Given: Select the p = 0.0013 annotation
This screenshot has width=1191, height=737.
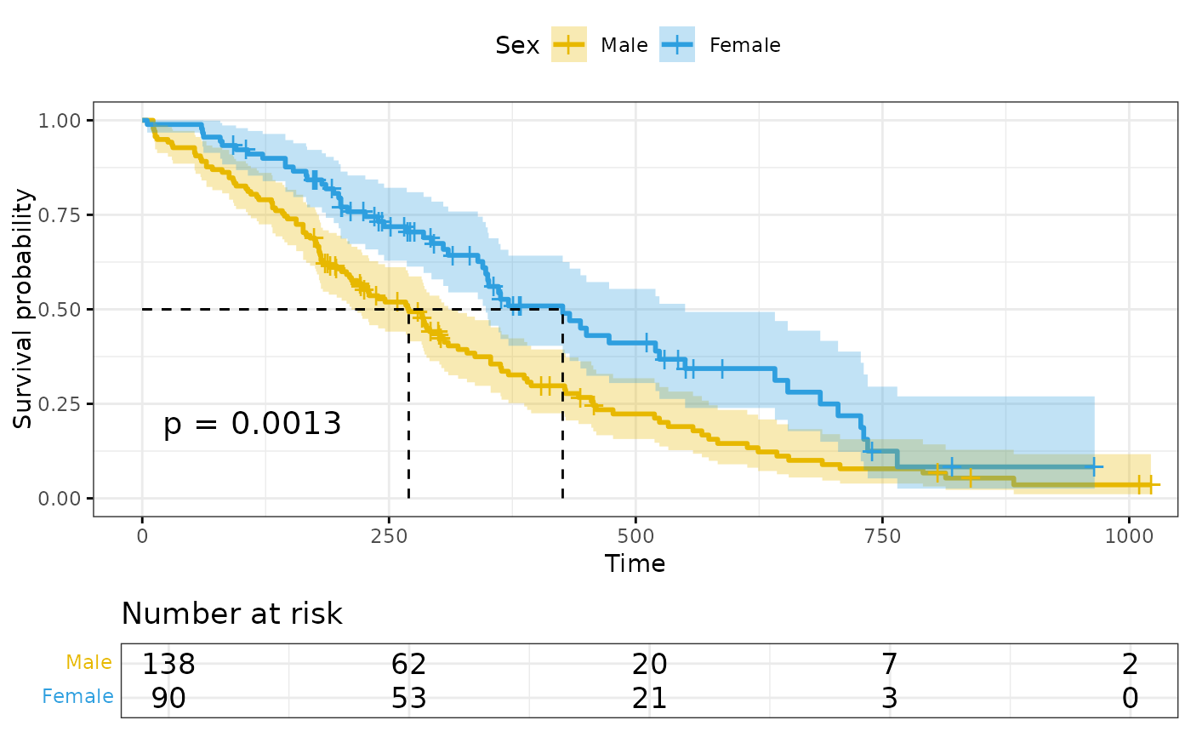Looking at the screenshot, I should (252, 423).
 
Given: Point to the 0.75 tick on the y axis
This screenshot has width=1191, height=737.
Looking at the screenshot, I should (62, 214).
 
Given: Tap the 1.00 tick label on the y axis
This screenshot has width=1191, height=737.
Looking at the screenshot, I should (62, 120).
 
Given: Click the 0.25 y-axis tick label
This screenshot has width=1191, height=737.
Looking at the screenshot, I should (62, 403).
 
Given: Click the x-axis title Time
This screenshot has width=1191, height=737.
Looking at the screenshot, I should (635, 563).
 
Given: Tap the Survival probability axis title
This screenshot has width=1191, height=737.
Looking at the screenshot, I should (24, 309).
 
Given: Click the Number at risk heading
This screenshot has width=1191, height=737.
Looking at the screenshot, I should (231, 614).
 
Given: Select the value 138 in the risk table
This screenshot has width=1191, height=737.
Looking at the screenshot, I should (168, 664).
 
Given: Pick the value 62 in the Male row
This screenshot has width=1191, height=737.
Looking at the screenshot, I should (408, 664).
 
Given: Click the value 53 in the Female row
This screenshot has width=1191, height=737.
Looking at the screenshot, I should (408, 698).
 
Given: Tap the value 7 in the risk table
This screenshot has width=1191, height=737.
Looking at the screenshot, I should (889, 664).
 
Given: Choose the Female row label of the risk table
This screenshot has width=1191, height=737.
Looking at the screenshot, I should (77, 697).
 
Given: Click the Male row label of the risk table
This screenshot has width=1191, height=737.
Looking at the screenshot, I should (88, 663).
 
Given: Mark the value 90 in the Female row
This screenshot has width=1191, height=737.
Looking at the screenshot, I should (168, 698).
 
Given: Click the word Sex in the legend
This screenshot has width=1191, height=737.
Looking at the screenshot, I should (517, 45).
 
